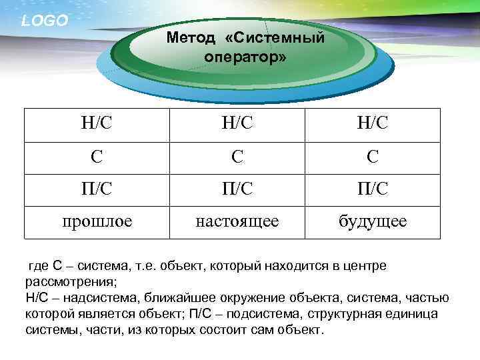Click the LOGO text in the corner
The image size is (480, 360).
point(45,21)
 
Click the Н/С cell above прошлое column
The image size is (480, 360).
point(97,125)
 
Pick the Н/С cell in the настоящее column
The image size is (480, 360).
point(237,125)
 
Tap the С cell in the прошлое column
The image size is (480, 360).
point(97,157)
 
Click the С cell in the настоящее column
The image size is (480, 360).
point(237,157)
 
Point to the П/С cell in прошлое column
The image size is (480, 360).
point(97,189)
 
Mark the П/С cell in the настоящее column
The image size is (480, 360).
point(237,189)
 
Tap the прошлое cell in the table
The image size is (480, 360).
point(97,221)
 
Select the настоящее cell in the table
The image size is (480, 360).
point(237,221)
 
